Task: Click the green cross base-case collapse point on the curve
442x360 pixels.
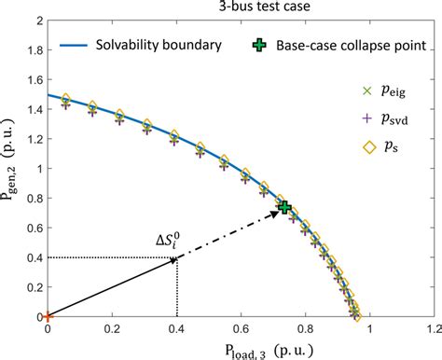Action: point(284,207)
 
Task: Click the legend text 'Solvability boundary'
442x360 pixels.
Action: point(165,45)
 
